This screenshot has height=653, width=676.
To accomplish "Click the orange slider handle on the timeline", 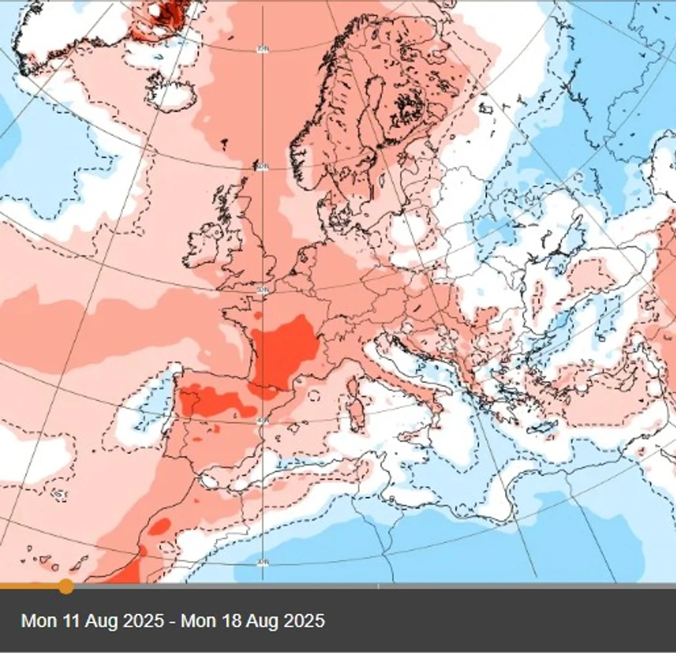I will click(x=65, y=586).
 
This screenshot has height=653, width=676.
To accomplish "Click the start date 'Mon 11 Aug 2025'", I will click(x=92, y=621).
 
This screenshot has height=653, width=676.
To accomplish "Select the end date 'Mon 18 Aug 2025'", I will click(x=252, y=621).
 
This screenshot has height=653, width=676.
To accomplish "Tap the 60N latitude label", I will click(x=262, y=167).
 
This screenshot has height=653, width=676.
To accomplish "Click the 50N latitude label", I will click(x=262, y=291).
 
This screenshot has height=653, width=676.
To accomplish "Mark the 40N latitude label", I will click(x=262, y=419).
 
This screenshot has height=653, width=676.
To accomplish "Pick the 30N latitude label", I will click(x=262, y=563).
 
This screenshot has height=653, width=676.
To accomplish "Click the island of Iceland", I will click(x=173, y=86).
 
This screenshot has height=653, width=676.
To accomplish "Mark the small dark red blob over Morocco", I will click(x=159, y=526).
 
